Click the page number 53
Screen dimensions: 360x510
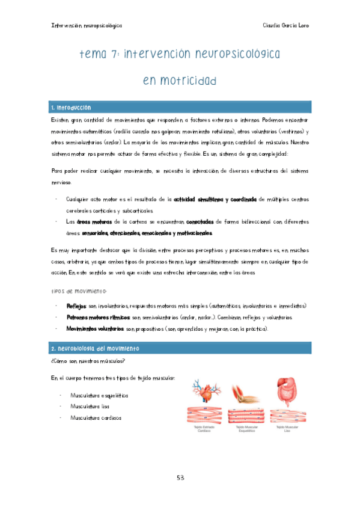click(x=180, y=478)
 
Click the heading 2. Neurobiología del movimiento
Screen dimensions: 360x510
click(x=95, y=349)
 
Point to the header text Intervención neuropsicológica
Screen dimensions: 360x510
click(x=87, y=26)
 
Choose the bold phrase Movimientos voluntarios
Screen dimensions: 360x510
click(x=95, y=329)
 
